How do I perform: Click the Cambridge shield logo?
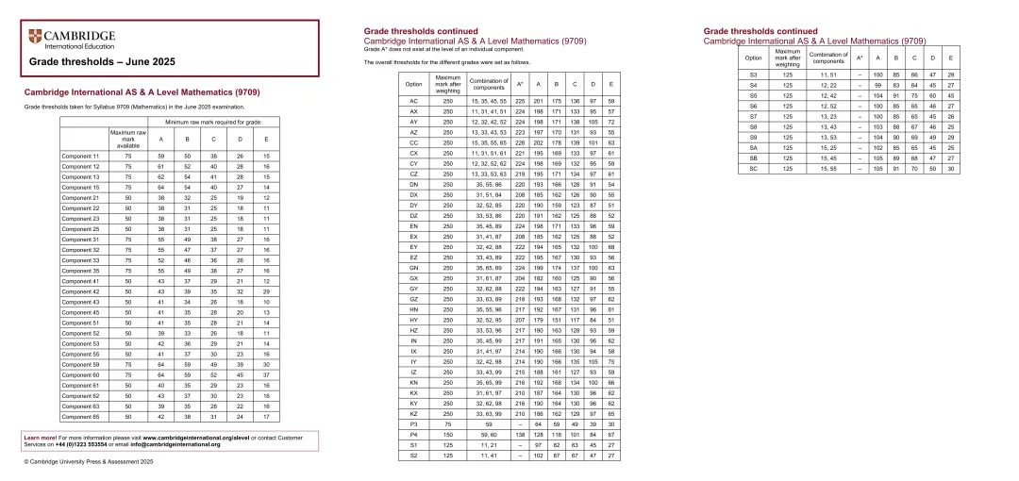click(x=36, y=37)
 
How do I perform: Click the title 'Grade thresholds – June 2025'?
click(x=90, y=61)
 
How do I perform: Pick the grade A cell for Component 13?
click(x=161, y=177)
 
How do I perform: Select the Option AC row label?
click(x=413, y=99)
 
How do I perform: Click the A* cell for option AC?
click(x=519, y=99)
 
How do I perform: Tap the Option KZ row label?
click(x=413, y=414)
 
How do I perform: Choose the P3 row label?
click(x=413, y=424)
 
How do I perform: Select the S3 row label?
click(x=753, y=75)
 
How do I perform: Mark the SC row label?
click(x=753, y=168)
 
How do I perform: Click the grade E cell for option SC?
click(x=950, y=168)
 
